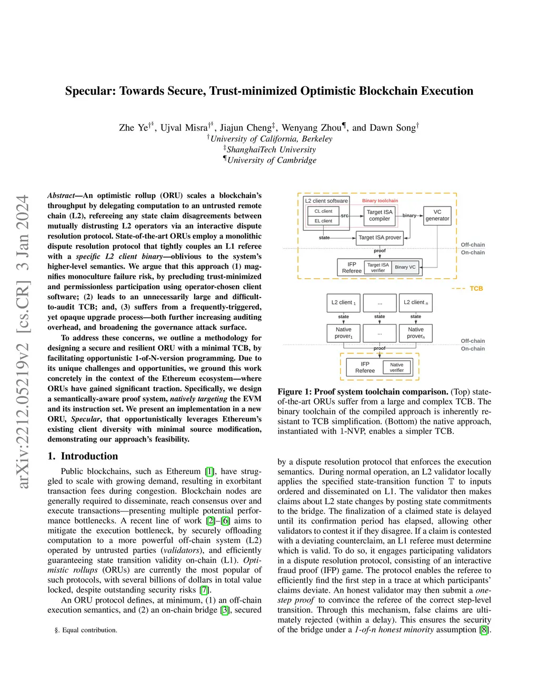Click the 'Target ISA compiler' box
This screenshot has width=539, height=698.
point(380,215)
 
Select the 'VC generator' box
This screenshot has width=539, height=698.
point(437,215)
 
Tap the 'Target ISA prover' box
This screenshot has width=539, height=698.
point(380,238)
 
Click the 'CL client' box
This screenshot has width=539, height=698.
point(323,211)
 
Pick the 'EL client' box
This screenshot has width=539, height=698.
point(323,221)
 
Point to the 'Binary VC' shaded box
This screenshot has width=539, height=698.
point(405,267)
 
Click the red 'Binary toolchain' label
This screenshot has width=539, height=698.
point(380,201)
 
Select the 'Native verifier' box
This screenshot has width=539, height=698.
point(397,368)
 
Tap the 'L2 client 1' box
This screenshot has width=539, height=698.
point(343,302)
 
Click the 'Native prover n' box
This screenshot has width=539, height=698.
point(416,333)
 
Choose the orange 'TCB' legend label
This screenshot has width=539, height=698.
point(476,289)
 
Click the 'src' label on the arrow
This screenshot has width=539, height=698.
point(345,215)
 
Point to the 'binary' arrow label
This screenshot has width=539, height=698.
point(410,215)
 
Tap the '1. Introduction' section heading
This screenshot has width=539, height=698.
point(83,456)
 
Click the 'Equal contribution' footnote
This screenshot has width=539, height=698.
point(89,630)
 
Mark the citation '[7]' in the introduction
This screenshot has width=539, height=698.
point(204,590)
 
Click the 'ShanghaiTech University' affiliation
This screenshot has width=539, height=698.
point(271,150)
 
